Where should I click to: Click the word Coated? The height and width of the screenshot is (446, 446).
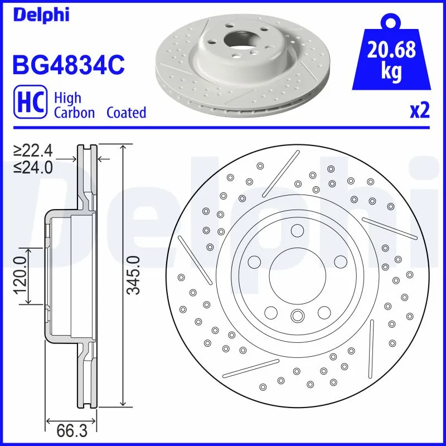[126, 113]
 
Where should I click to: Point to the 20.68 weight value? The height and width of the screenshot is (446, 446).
[392, 51]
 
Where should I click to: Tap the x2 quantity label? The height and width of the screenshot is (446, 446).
[419, 111]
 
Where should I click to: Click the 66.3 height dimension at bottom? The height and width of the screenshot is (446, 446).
[72, 430]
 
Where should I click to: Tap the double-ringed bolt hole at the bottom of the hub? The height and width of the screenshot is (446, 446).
[297, 316]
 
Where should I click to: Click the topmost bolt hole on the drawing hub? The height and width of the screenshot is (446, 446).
[297, 230]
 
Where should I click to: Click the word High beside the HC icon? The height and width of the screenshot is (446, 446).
[67, 98]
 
